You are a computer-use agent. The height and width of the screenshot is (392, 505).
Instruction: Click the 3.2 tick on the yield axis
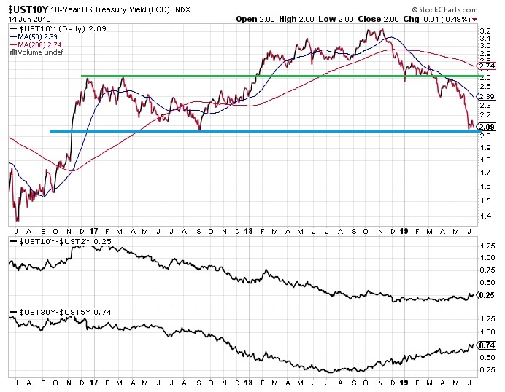click(485, 31)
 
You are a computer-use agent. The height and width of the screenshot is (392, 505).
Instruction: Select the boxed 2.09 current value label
click(485, 127)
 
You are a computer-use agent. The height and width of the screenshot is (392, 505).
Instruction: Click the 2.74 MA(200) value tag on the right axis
click(485, 66)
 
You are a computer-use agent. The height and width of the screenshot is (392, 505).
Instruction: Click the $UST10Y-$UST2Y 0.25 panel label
click(55, 240)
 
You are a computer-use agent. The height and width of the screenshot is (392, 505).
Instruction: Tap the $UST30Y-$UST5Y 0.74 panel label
click(55, 311)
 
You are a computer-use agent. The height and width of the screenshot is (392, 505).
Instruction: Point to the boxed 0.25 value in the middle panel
click(486, 295)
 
